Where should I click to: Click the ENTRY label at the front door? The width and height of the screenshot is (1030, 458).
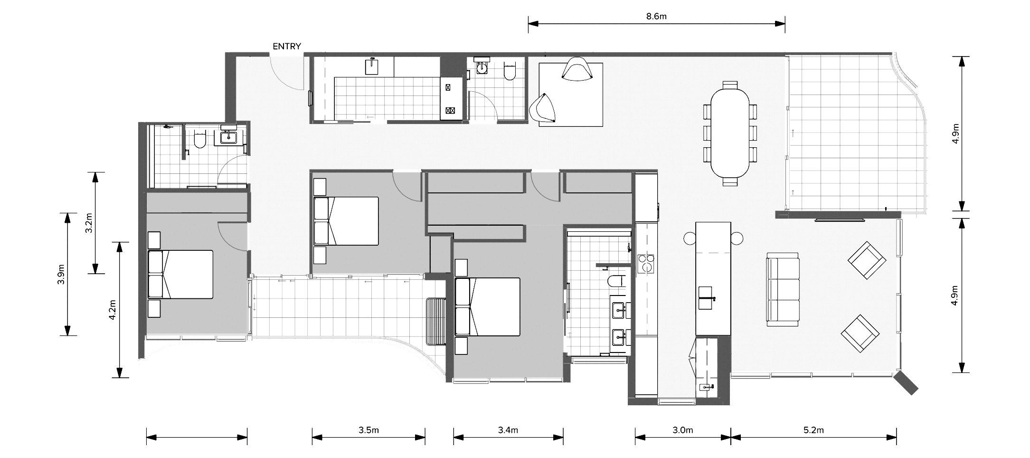pos(286,47)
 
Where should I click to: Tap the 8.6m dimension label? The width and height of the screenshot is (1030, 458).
pos(656,17)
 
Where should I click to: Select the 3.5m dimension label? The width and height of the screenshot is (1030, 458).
pos(369,430)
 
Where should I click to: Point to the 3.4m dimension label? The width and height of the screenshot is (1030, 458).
pos(508,430)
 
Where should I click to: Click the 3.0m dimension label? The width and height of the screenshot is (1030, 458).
pos(683,430)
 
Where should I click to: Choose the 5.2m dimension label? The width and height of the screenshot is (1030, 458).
pos(813,430)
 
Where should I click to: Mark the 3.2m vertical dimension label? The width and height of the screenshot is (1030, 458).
pos(88,223)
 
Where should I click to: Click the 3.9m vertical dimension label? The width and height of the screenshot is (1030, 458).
pos(60,274)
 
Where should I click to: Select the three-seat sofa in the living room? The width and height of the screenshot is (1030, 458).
pos(783,289)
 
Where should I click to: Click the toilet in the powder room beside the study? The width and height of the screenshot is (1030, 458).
pos(509,70)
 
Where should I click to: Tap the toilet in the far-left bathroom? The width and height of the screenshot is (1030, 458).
pos(199,139)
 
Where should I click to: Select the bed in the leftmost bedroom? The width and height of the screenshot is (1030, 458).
pos(180,274)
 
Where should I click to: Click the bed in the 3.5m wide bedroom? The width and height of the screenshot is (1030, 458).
pos(346,221)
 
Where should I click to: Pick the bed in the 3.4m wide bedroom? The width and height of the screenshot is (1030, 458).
pos(488,307)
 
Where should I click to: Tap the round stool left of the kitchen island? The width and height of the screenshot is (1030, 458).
pos(690,238)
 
